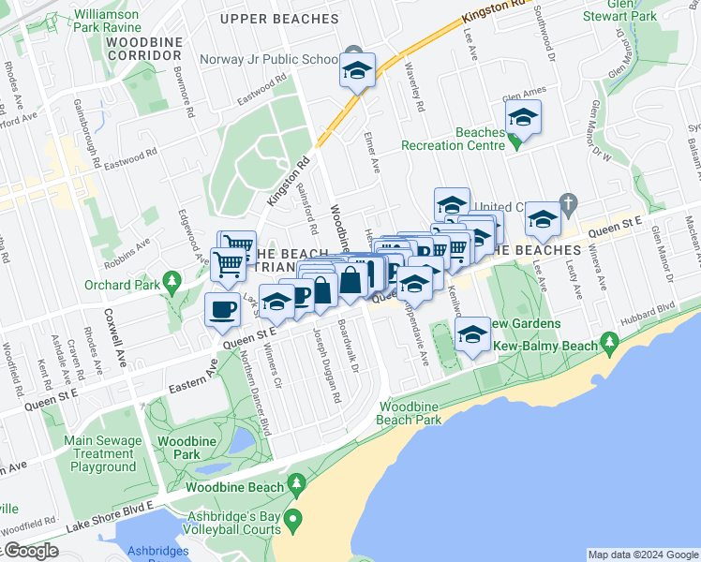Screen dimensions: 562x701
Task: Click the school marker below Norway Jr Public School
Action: coord(356,72)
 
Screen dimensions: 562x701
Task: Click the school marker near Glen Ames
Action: coord(524,119)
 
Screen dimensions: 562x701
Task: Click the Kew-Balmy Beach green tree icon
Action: coord(610,342)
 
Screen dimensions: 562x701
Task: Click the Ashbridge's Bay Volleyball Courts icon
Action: coord(293,519)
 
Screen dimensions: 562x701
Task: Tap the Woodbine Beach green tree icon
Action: coord(297,484)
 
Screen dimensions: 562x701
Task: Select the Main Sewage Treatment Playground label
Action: coord(103,453)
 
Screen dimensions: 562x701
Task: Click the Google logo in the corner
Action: coord(31,552)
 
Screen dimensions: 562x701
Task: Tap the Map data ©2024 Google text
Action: coord(641,555)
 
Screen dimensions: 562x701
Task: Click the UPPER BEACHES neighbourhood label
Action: coord(278,19)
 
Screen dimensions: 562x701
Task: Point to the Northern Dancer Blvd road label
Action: coord(254,390)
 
